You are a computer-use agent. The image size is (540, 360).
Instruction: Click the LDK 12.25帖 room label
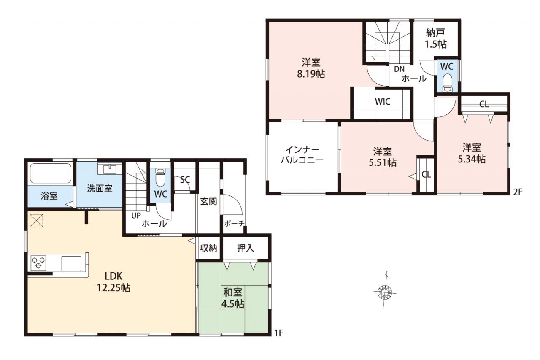pyautogui.click(x=113, y=282)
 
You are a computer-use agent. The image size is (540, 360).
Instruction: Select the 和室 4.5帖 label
pyautogui.click(x=232, y=298)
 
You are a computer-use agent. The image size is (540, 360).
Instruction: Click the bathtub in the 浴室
pyautogui.click(x=50, y=173)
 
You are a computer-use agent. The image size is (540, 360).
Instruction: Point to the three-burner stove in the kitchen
pyautogui.click(x=38, y=263)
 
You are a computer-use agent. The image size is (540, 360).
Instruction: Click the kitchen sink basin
pyautogui.click(x=71, y=263)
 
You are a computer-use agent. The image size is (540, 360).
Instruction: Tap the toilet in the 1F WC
pyautogui.click(x=160, y=178)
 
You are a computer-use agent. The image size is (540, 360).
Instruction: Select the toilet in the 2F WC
pyautogui.click(x=448, y=83)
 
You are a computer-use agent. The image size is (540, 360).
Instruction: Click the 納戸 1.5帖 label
pyautogui.click(x=435, y=38)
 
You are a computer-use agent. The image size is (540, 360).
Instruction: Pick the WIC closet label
pyautogui.click(x=383, y=102)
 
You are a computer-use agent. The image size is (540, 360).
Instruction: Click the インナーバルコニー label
pyautogui.click(x=302, y=155)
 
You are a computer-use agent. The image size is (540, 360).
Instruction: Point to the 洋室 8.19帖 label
pyautogui.click(x=311, y=68)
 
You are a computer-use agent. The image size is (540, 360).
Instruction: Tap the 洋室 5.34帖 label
pyautogui.click(x=472, y=153)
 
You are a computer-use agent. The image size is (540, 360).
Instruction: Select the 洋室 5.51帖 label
pyautogui.click(x=383, y=157)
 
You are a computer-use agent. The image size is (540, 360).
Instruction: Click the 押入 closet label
pyautogui.click(x=246, y=248)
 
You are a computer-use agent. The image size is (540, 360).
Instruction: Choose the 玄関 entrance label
pyautogui.click(x=208, y=201)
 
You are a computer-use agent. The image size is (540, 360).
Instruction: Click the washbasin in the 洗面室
pyautogui.click(x=110, y=169)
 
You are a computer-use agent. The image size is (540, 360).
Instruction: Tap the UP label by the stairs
pyautogui.click(x=136, y=215)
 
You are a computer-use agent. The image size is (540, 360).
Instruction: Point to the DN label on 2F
pyautogui.click(x=399, y=69)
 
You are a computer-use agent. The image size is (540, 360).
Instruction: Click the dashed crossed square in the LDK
pyautogui.click(x=36, y=221)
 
